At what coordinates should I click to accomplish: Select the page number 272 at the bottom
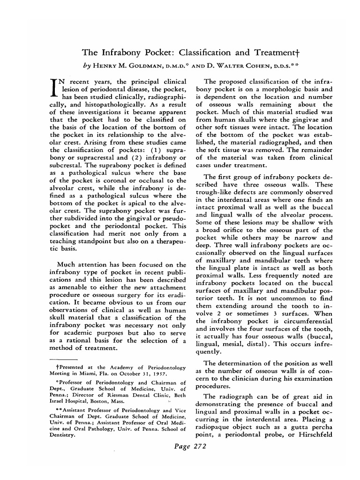tap(200, 447)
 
